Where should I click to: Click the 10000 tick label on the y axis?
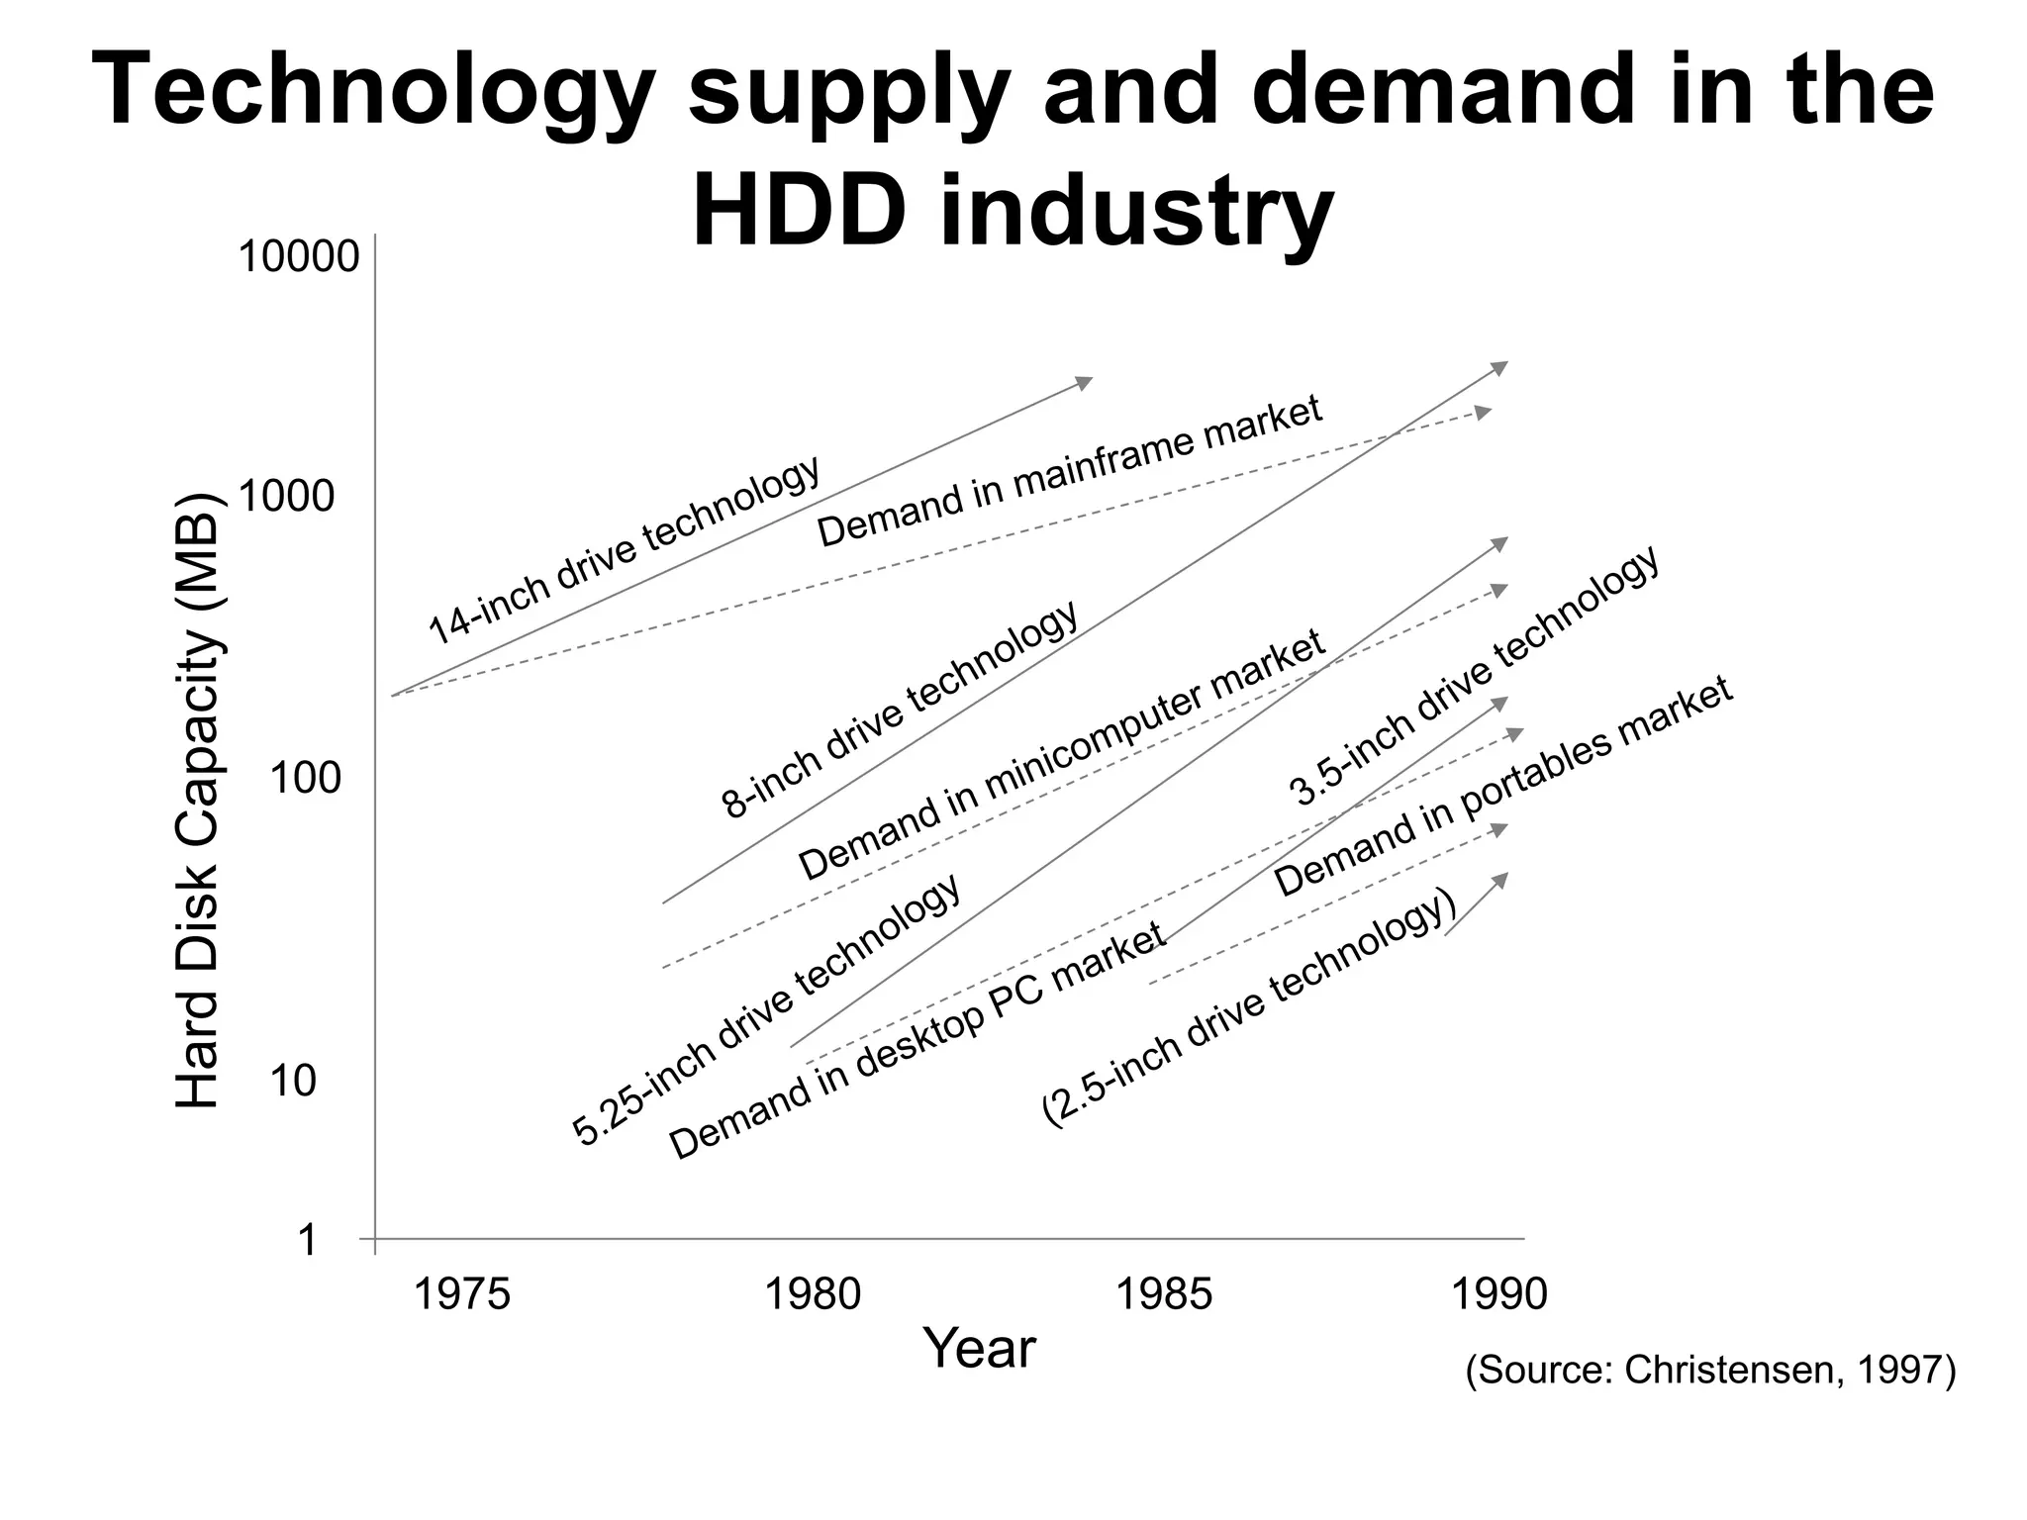298,258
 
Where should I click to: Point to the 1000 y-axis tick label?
287,497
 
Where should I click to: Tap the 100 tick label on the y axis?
305,780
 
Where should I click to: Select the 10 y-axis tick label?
292,1083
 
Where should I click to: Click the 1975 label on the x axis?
460,1294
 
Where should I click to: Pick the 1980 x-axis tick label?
814,1294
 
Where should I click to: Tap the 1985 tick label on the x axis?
1163,1294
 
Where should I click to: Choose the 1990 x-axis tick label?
1498,1294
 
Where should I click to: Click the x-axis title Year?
979,1349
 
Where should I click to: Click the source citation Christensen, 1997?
1710,1371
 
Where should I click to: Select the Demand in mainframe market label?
1069,471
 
